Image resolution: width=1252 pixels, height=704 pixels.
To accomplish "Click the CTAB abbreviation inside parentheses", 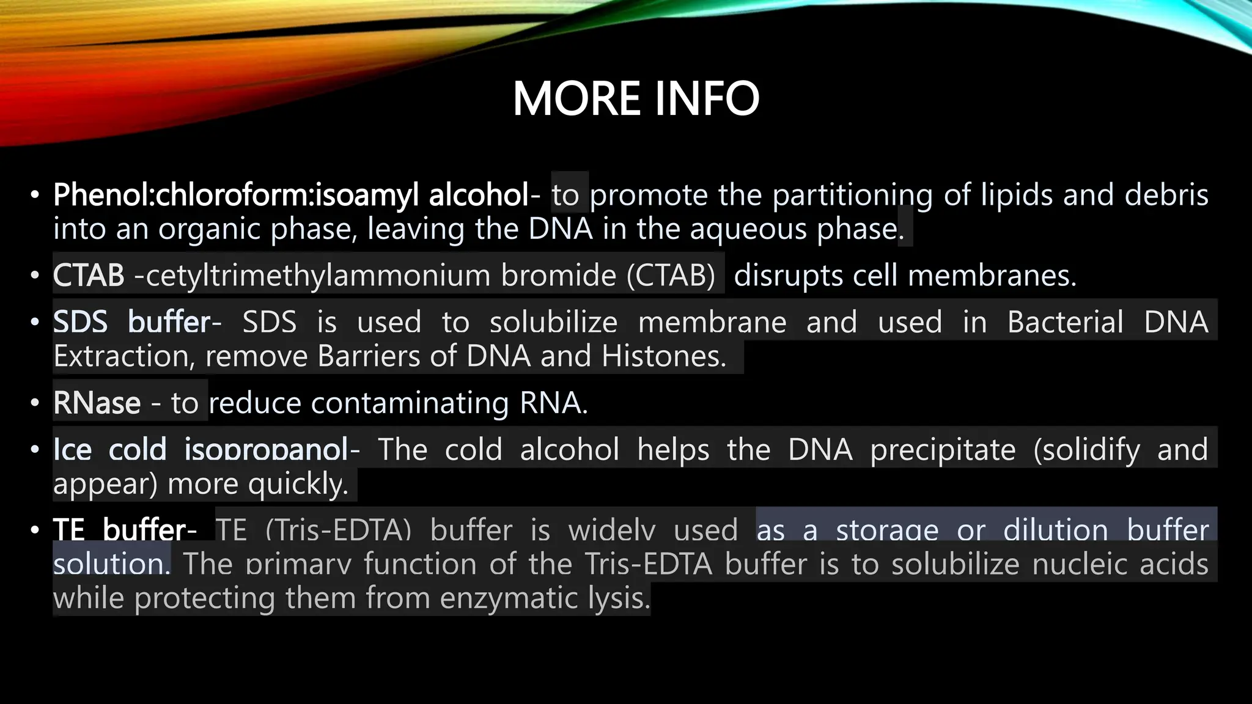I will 671,276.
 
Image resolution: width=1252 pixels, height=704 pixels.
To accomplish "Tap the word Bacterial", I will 1065,322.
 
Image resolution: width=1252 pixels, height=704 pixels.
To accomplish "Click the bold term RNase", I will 97,403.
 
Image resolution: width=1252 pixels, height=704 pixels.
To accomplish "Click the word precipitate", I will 943,450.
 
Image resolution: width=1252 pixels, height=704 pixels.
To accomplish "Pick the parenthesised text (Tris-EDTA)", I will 339,530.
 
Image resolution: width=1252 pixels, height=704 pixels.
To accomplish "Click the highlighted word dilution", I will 1055,530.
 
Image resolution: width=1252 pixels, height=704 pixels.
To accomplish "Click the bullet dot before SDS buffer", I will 35,322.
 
